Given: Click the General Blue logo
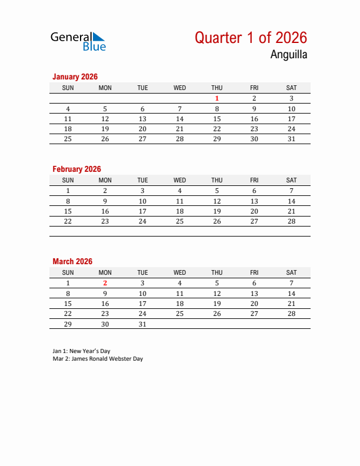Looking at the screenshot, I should click(x=78, y=41).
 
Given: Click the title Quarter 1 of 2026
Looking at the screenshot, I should click(x=251, y=38).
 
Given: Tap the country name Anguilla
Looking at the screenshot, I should click(x=288, y=55).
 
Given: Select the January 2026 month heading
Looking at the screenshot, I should click(x=75, y=76).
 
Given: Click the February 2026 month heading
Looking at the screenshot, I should click(x=76, y=169).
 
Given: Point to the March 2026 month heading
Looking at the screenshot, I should click(x=72, y=261).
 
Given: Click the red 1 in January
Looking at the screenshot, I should click(x=217, y=99).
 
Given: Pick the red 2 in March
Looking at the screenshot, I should click(x=105, y=283).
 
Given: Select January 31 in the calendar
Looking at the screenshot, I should click(x=291, y=139).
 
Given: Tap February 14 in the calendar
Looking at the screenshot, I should click(x=291, y=201).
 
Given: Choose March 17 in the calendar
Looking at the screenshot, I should click(x=142, y=304).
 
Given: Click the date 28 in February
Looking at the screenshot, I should click(x=291, y=221).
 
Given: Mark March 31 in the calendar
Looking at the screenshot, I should click(x=142, y=324).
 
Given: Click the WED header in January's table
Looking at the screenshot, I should click(x=179, y=88).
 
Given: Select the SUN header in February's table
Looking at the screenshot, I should click(x=68, y=180).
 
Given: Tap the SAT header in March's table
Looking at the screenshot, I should click(x=291, y=272).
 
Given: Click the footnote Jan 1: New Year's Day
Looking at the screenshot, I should click(x=81, y=351).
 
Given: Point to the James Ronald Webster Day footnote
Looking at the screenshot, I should click(x=98, y=358).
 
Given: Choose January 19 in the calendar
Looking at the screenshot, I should click(x=105, y=129).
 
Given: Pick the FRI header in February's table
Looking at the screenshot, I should click(x=254, y=180).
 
